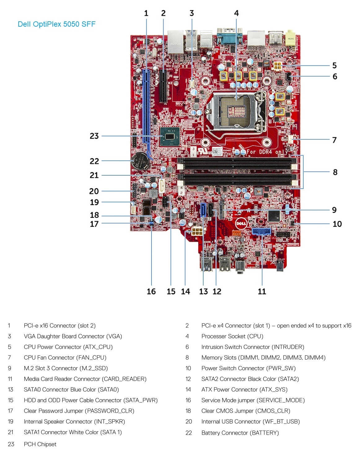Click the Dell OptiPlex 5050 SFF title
click(56, 24)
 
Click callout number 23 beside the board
click(94, 136)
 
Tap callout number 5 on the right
click(334, 66)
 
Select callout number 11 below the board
click(262, 291)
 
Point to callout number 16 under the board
click(151, 291)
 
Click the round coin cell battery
click(140, 160)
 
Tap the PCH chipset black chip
click(170, 137)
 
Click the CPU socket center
click(236, 110)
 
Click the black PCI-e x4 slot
click(163, 87)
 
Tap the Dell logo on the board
click(241, 223)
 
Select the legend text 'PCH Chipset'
click(40, 444)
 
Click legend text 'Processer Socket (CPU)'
click(232, 336)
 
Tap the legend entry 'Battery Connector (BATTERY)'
click(240, 433)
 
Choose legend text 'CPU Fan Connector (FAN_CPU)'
click(65, 357)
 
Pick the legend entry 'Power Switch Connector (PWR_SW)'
click(248, 368)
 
